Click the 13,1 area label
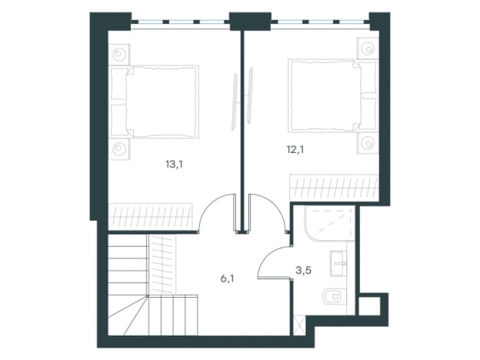click(x=174, y=165)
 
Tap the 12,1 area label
click(x=295, y=150)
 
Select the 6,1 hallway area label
click(x=228, y=279)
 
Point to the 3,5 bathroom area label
click(x=304, y=270)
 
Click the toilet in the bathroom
click(x=335, y=296)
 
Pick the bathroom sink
click(x=338, y=264)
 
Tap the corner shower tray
click(x=329, y=223)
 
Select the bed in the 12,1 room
click(x=332, y=96)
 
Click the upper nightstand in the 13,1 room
click(x=119, y=55)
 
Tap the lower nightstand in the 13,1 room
click(x=119, y=149)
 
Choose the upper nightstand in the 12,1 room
click(x=368, y=48)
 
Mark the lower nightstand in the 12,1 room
click(x=368, y=142)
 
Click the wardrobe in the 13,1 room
click(x=151, y=216)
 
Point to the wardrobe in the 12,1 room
click(x=334, y=188)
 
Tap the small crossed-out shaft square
click(x=299, y=326)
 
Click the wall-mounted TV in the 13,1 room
click(x=235, y=101)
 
